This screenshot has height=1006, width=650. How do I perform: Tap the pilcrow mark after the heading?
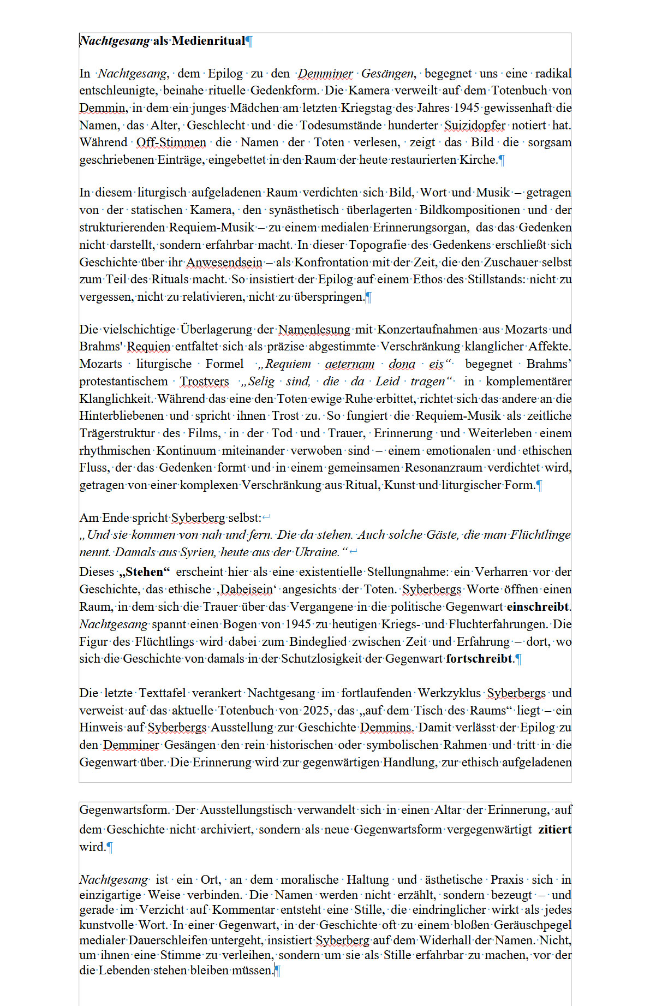249,41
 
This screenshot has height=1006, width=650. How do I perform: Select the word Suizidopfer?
475,125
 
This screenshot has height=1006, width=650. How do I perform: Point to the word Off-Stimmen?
171,142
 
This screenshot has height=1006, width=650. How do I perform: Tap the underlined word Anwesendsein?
224,262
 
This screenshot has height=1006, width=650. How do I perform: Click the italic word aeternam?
350,364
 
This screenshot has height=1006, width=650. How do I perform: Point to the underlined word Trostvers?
205,381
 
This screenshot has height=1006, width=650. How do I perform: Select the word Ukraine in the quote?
317,552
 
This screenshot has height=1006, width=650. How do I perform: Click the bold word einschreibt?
537,606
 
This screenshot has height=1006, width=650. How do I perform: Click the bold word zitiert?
554,829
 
